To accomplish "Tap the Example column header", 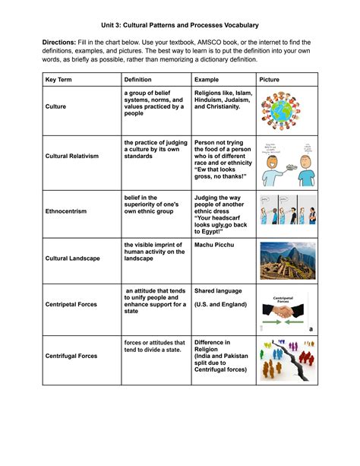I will coord(207,79).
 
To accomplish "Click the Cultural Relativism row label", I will coord(72,156).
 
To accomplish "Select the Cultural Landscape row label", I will coord(72,258).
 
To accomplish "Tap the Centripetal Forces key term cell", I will coord(71,305).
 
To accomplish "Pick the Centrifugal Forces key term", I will coord(71,355).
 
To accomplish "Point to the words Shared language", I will coord(219,290).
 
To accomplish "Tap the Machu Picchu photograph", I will coord(288,261).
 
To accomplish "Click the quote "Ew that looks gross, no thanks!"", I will coord(221,172).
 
